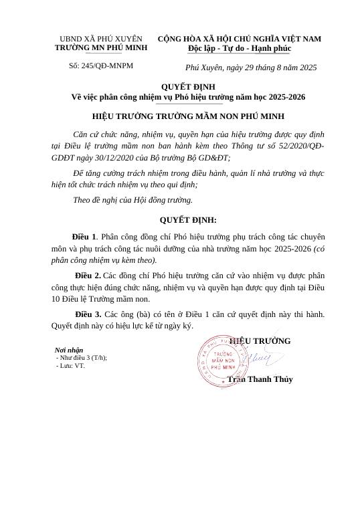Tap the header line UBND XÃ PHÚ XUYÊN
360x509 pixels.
[x=101, y=39]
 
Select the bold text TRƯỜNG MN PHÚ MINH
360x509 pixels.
[x=101, y=49]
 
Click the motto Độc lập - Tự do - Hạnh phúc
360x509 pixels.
[x=240, y=49]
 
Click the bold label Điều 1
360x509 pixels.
[x=84, y=237]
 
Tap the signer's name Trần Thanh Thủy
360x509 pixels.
[x=260, y=379]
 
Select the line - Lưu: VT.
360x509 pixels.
[x=70, y=366]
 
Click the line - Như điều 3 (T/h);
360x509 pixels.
[x=81, y=358]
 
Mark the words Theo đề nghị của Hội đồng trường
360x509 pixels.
[x=132, y=199]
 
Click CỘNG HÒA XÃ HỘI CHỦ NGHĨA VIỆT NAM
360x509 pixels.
[x=240, y=39]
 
